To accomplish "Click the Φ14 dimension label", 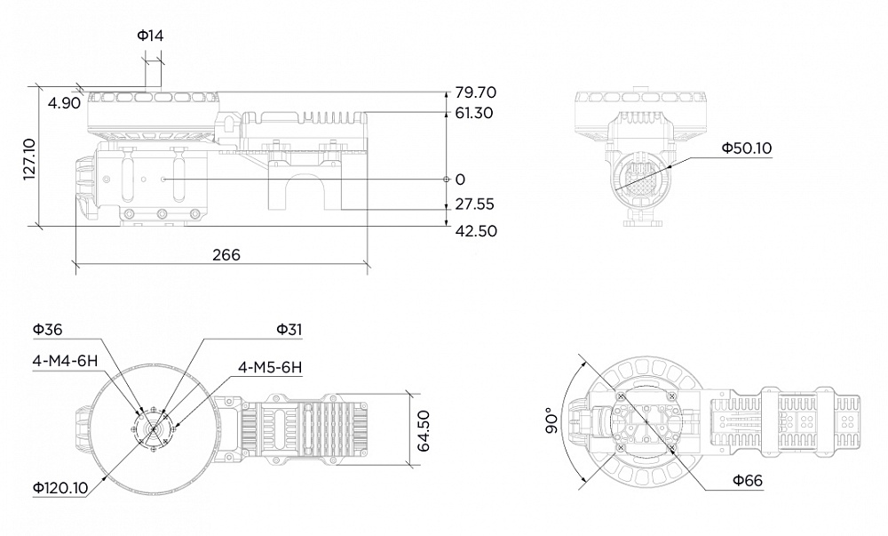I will click(150, 36).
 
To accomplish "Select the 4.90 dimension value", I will click(65, 103).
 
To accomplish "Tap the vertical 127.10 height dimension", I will click(28, 159).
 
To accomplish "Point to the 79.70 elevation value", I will click(475, 92).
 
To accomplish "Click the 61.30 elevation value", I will click(474, 114).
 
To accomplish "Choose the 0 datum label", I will click(460, 180).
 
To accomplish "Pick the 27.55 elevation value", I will click(474, 204).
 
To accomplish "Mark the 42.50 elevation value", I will click(475, 231).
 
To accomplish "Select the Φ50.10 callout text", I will click(746, 148).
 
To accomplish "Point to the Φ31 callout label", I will click(289, 330).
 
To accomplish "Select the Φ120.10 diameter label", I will click(61, 487).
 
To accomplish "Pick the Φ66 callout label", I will click(748, 481).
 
